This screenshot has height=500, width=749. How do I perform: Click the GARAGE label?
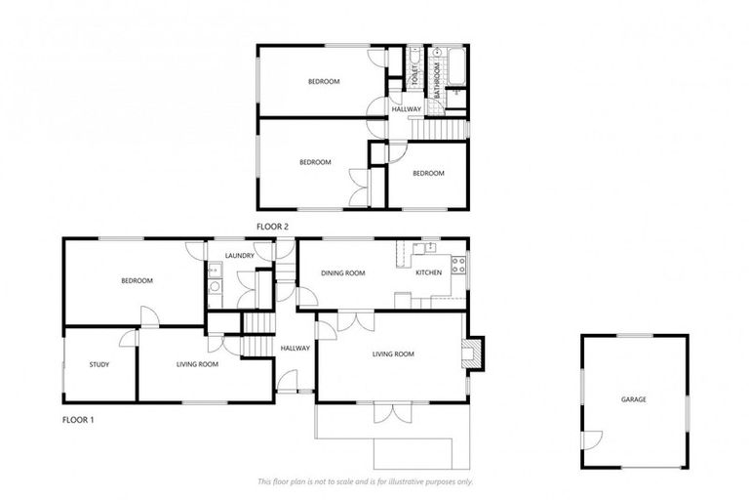[x=634, y=399]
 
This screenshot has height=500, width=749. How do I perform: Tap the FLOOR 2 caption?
[x=273, y=227]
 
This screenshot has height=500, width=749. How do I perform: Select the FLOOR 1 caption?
[x=77, y=419]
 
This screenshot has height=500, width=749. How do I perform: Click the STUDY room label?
[x=99, y=365]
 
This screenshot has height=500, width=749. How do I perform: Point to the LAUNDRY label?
[x=239, y=256]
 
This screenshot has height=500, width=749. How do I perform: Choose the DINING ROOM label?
[x=344, y=273]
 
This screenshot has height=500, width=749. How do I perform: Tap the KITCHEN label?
[x=429, y=273]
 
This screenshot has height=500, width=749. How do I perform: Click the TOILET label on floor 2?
[x=414, y=72]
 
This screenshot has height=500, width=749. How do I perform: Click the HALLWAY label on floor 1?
[x=296, y=348]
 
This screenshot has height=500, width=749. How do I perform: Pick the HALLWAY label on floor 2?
[x=407, y=109]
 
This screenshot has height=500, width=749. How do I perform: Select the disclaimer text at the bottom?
[x=365, y=481]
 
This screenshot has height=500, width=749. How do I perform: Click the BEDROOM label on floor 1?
[x=137, y=281]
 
